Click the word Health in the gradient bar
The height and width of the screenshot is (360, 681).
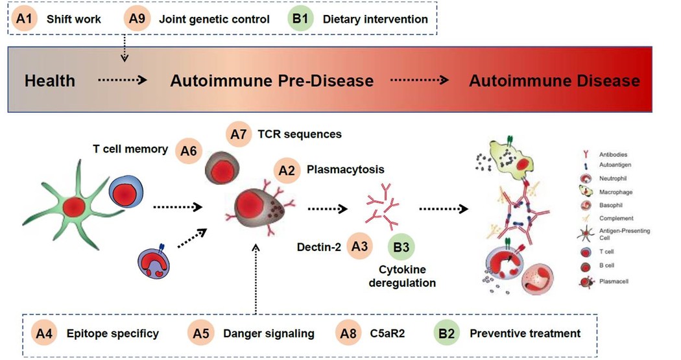(50, 81)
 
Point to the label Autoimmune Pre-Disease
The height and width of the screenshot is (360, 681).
(272, 81)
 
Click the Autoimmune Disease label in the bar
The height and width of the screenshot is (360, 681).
(554, 81)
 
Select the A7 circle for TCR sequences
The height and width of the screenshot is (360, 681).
(240, 134)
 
